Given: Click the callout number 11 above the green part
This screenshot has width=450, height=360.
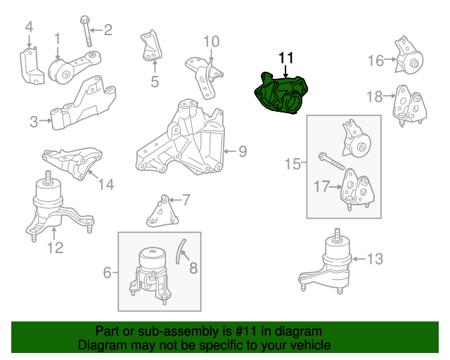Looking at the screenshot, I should point(286,58).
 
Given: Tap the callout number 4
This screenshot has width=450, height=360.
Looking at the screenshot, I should point(29,27).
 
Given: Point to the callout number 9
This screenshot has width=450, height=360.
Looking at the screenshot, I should point(243,150).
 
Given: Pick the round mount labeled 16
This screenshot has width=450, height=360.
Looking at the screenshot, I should point(408,59).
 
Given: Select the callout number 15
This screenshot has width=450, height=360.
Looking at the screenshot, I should point(292,165).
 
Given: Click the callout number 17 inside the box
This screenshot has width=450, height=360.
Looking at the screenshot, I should point(321,188).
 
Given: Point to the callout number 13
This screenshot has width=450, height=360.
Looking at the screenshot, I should point(375,259).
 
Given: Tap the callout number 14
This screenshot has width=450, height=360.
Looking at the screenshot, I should point(105,185).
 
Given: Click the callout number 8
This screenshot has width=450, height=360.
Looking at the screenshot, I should point(193,266).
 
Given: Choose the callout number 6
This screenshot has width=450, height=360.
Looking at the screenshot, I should point(107,271).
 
